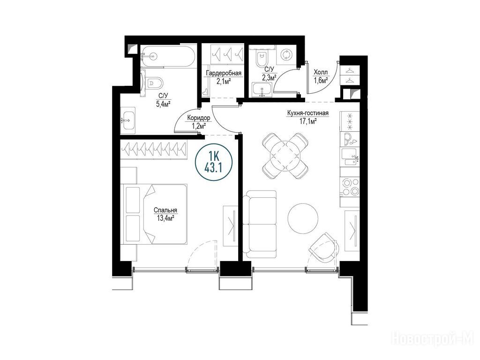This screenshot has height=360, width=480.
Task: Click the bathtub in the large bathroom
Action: tap(168, 56)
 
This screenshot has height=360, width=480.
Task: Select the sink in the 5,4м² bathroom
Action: tap(127, 120)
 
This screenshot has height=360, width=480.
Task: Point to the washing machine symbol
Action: tap(286, 55)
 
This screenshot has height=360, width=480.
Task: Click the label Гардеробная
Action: tap(224, 74)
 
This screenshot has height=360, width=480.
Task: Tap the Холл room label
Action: tap(321, 73)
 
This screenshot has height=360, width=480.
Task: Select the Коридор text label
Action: tap(198, 118)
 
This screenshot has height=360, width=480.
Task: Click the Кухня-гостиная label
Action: tap(307, 113)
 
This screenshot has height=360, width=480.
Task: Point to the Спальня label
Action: tap(165, 210)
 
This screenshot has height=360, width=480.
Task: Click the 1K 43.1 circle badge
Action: tap(214, 162)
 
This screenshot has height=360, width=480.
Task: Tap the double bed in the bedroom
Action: tap(155, 214)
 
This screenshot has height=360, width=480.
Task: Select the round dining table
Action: tap(285, 156)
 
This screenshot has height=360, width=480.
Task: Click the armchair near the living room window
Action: tap(324, 247)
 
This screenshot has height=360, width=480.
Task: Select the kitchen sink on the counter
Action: tap(350, 156)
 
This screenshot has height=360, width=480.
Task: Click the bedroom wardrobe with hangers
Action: tap(153, 150)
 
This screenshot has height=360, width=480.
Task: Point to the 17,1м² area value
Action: tap(307, 121)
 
